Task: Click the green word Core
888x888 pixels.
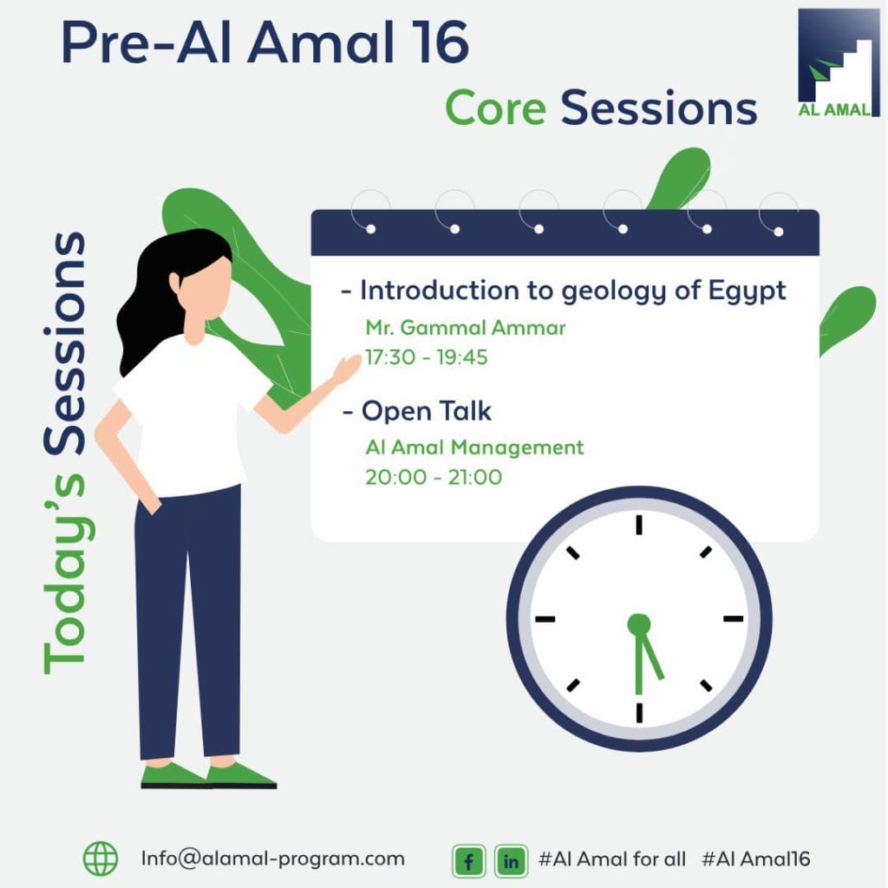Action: [x=495, y=109]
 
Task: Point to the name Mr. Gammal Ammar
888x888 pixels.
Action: [x=466, y=328]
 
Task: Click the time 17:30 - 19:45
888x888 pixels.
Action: [x=426, y=356]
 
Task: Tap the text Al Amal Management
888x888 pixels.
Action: [x=474, y=447]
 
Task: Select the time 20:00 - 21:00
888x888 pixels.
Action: [x=433, y=477]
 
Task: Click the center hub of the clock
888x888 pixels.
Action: [x=638, y=623]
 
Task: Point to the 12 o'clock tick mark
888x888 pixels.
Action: [x=638, y=525]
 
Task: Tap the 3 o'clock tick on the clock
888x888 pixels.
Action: [x=734, y=619]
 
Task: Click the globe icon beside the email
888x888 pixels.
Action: [x=101, y=859]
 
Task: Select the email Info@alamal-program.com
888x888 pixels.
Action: [x=272, y=859]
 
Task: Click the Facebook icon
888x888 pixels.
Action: [x=468, y=861]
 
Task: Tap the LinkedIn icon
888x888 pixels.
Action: [x=511, y=861]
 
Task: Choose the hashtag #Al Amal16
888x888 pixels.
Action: [x=755, y=859]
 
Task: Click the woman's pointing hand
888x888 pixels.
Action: [x=347, y=369]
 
